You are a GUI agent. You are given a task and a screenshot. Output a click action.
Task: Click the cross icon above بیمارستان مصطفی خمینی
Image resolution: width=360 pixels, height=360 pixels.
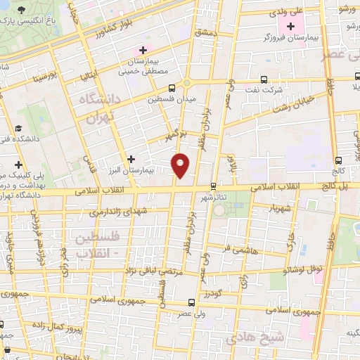143,50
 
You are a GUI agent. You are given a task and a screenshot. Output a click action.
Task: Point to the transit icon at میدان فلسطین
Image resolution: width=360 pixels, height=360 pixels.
172,88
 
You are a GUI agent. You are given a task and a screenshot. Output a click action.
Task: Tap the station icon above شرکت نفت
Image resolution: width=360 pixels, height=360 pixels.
264,79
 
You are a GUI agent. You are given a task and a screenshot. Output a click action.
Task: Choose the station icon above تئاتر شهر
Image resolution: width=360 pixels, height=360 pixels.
214,186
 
